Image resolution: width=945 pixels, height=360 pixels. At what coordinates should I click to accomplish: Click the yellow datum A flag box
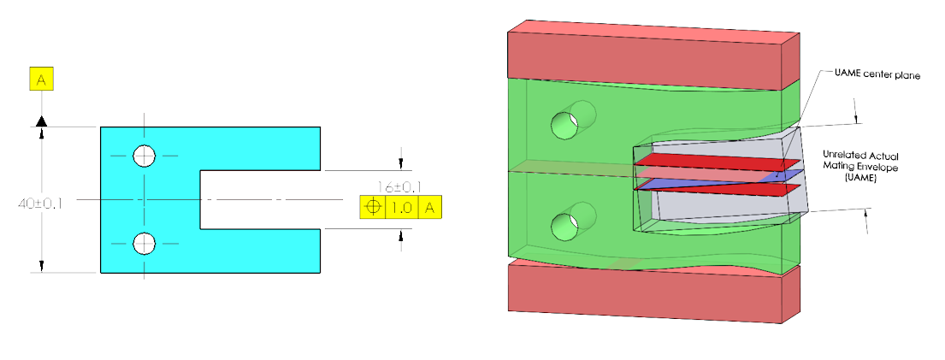(42, 80)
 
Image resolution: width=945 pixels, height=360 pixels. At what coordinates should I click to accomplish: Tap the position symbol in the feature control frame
(372, 208)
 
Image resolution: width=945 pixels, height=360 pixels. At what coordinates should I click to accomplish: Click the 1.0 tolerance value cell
(402, 208)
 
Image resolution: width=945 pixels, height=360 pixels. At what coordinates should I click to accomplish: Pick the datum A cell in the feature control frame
(430, 208)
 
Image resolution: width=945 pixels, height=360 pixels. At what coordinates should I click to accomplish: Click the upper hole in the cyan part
(145, 156)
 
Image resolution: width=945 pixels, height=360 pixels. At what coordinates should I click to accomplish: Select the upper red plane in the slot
(710, 162)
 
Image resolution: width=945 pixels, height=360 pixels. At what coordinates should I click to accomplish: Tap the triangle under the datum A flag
(41, 123)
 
